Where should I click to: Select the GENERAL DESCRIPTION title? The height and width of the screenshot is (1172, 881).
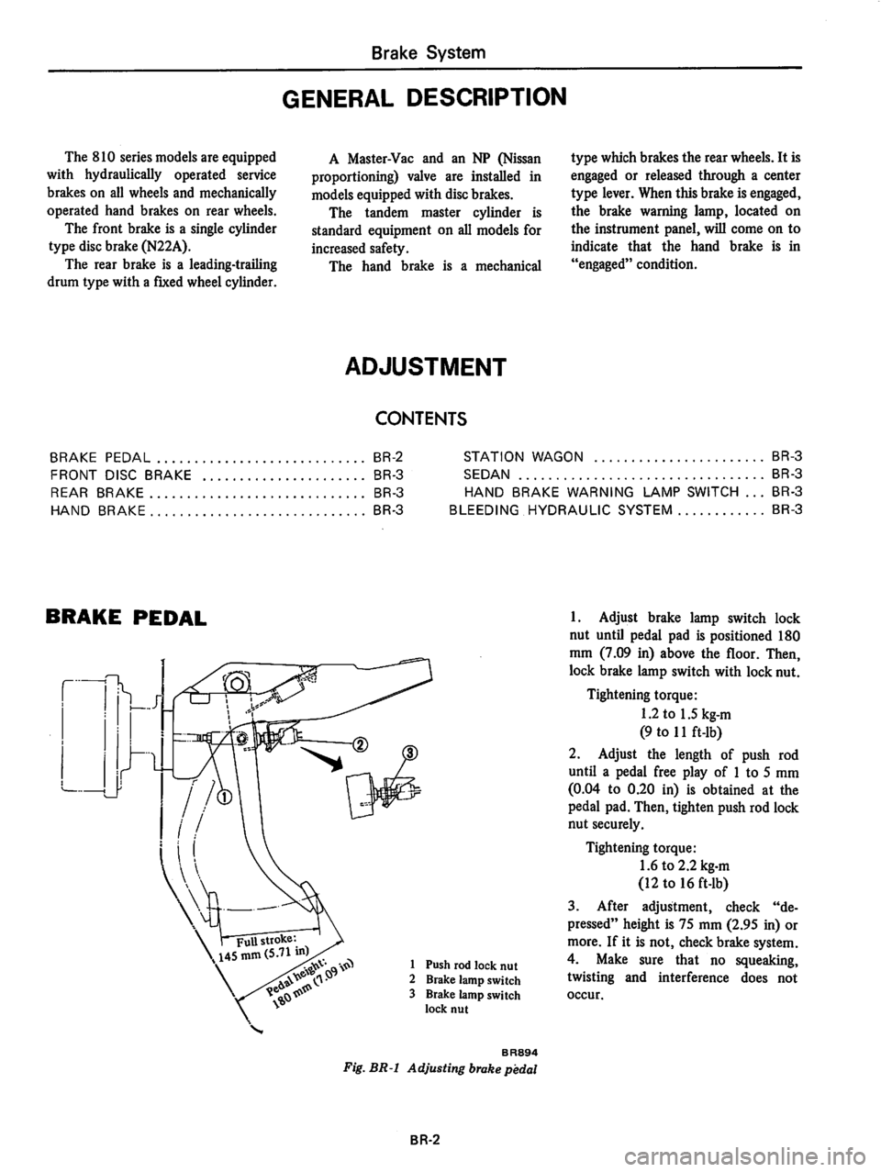[440, 96]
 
